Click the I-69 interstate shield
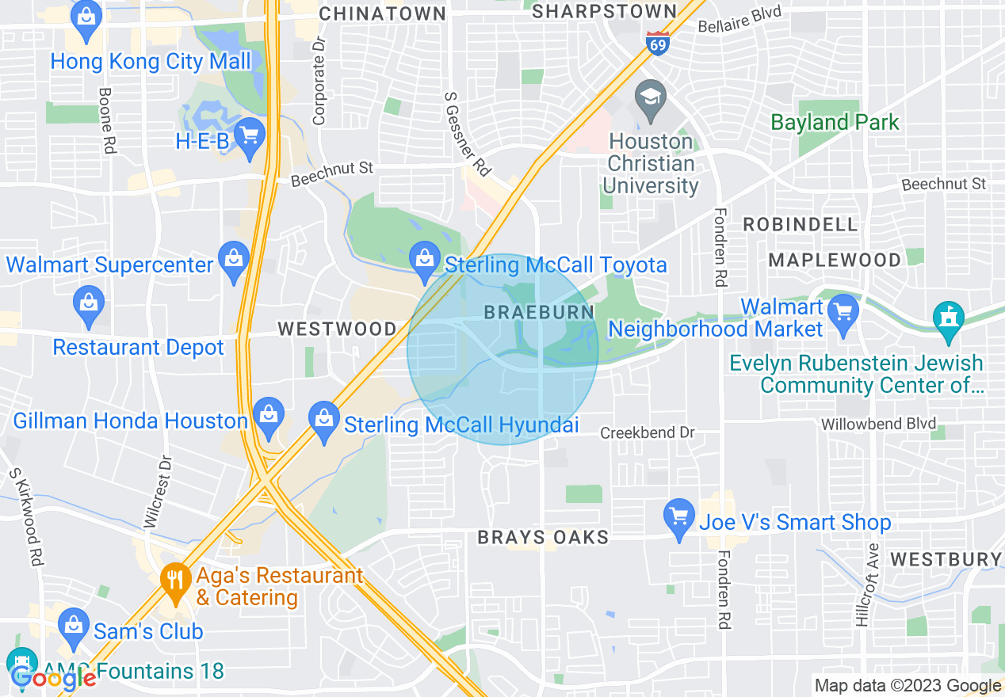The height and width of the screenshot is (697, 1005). coord(657,42)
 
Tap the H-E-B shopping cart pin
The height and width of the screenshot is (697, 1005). coord(250,136)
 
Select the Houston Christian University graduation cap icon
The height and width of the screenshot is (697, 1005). coord(651,100)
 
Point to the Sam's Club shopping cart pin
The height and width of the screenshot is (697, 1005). coord(72,624)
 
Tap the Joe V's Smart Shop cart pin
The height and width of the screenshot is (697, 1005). coord(678,517)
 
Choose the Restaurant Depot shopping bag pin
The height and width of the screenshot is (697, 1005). coord(88,304)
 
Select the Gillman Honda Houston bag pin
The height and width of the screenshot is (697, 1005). coord(269,415)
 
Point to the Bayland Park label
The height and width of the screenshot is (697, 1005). coord(835,122)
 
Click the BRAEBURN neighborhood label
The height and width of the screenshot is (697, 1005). coord(539,312)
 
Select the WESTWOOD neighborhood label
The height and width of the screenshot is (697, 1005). coord(337,328)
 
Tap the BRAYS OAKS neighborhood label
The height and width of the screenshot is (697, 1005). coord(543,538)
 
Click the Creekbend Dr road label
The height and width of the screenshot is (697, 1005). coord(647,433)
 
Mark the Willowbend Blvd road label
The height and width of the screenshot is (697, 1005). coord(878,424)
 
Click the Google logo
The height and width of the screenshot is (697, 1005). coord(52,677)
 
